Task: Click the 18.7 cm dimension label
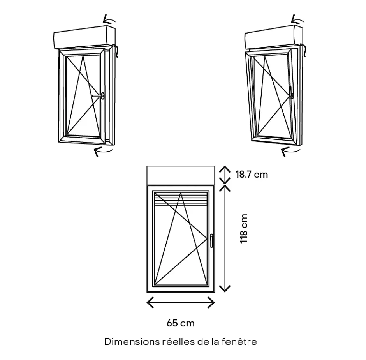coord(252,174)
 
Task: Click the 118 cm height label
coord(244,229)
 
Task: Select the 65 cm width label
coord(180,323)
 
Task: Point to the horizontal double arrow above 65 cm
coord(180,302)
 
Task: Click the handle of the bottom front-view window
coord(211,240)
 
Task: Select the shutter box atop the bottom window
coord(180,175)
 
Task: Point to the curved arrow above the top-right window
coord(298,19)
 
